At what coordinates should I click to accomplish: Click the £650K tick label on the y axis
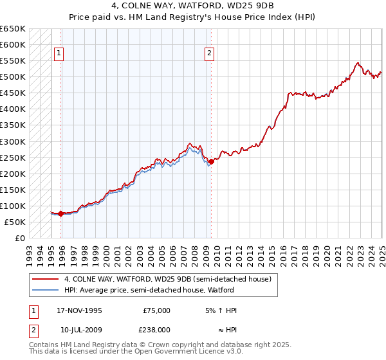pos(13,29)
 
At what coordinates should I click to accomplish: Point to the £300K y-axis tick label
pos(13,141)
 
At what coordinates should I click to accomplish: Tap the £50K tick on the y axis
pos(15,222)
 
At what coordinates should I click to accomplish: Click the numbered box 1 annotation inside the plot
pos(59,54)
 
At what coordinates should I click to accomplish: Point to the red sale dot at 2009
pos(211,161)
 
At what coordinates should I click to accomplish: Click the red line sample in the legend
pos(44,279)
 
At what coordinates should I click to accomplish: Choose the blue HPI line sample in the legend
pos(44,290)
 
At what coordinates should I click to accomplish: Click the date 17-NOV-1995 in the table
pos(80,310)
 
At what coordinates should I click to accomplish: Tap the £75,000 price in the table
pos(156,310)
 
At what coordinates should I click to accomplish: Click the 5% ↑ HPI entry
pos(221,310)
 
